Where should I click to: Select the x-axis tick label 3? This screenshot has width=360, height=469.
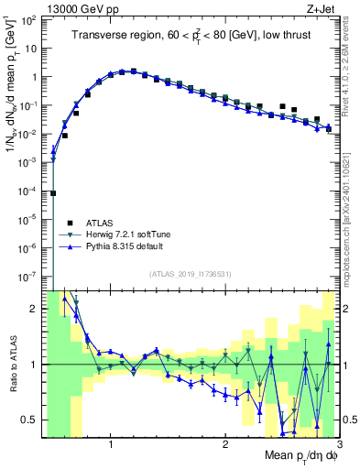click(338, 444)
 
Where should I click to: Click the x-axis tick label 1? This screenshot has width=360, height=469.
click(111, 444)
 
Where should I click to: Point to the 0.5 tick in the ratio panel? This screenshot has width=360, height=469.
click(31, 420)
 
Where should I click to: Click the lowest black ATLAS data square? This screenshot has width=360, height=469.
click(53, 193)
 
